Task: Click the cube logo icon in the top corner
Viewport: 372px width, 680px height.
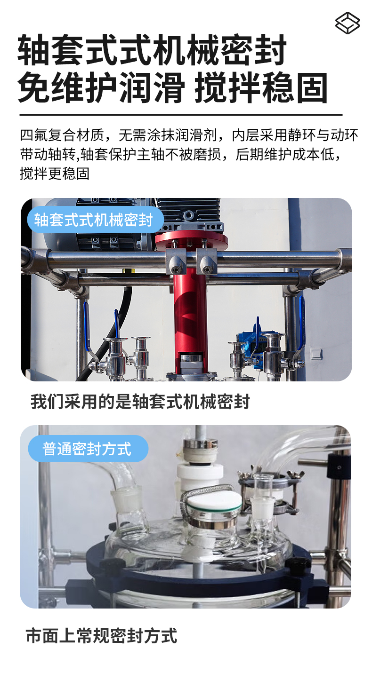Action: [x=348, y=23]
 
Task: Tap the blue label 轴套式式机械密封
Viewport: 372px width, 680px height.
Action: [x=94, y=220]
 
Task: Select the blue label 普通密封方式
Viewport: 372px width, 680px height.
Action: [x=87, y=449]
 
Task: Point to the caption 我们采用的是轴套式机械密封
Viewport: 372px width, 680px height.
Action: [x=140, y=402]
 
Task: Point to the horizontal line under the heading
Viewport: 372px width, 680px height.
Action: [x=181, y=114]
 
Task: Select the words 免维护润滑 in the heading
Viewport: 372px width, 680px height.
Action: [x=101, y=87]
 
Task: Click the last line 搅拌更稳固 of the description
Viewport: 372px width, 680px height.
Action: [x=55, y=174]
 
